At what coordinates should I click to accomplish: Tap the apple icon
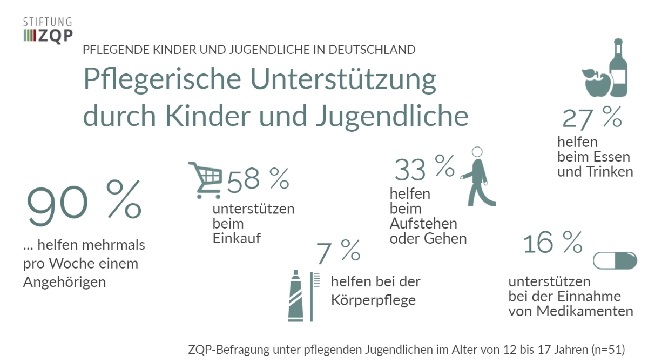coord(596,83)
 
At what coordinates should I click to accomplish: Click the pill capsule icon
coord(615,260)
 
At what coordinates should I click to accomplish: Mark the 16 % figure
coord(552,244)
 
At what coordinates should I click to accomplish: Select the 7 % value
coord(337,251)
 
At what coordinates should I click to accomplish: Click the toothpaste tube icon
coord(295,296)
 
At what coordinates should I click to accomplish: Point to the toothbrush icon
coord(314,296)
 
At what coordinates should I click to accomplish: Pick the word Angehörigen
coord(64,282)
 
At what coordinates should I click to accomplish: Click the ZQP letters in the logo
coord(56,36)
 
